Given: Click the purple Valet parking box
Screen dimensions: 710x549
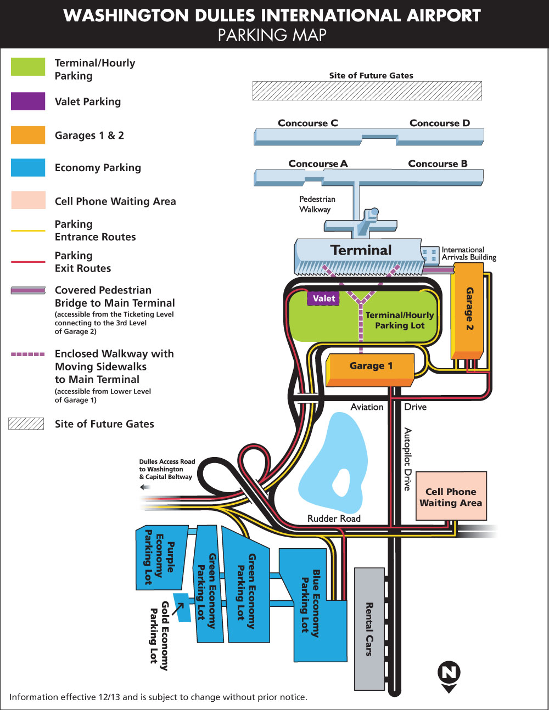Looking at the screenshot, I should (x=323, y=298).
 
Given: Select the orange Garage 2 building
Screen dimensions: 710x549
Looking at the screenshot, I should (x=468, y=310).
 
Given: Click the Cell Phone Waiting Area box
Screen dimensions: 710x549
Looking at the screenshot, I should (x=451, y=497).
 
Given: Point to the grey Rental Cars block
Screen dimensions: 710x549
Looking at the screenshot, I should (x=369, y=629).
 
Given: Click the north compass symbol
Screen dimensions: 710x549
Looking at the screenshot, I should (x=449, y=673).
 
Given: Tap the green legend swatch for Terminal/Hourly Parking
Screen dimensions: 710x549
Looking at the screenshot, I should (x=28, y=67).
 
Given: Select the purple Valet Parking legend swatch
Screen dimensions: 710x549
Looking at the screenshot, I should (x=28, y=102).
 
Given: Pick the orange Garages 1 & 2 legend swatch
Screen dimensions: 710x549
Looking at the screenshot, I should (x=28, y=135).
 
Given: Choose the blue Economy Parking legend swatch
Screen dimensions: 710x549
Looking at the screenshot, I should (x=28, y=167).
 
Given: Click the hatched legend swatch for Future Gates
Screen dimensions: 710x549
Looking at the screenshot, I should (x=26, y=424).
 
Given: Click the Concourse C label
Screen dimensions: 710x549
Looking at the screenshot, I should (x=307, y=123).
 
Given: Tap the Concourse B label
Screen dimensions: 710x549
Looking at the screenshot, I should (x=438, y=164).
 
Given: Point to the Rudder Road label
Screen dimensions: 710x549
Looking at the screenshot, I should (x=334, y=519).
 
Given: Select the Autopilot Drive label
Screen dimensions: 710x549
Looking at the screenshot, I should (x=407, y=459).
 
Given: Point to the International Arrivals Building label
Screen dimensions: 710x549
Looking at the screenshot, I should (x=468, y=253).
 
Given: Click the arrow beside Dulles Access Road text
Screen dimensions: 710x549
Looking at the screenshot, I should (x=145, y=487).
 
